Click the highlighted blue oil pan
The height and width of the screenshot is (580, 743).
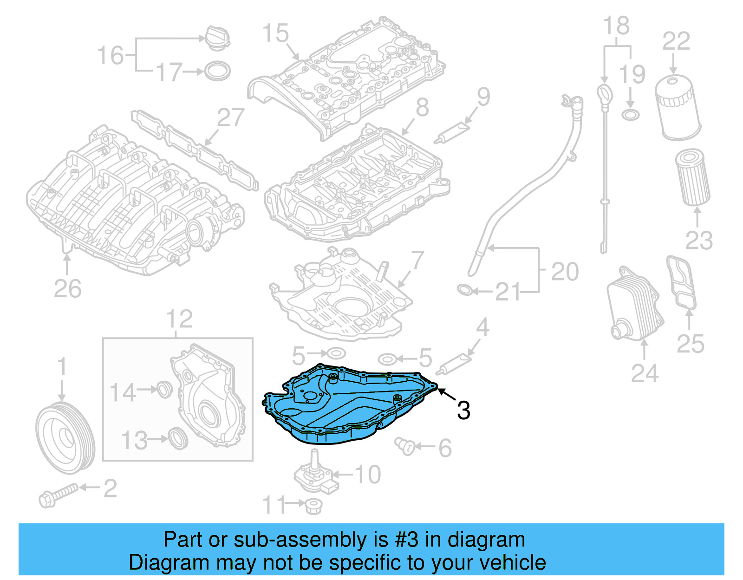point(348,409)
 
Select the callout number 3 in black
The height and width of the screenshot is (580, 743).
point(463,411)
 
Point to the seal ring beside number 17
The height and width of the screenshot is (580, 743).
point(217,71)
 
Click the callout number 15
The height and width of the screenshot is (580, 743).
point(275,33)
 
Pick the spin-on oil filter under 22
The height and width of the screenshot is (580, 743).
point(677,108)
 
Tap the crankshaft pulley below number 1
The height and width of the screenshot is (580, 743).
point(65,437)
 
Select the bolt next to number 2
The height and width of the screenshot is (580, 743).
point(59,495)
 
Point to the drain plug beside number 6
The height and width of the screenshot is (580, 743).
point(405,446)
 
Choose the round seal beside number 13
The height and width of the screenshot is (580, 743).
point(178,438)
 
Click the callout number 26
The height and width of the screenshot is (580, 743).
point(68,289)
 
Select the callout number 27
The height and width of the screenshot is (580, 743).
point(230,118)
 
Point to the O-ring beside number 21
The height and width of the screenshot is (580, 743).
point(465,290)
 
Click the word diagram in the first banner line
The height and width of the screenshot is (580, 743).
point(486,540)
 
